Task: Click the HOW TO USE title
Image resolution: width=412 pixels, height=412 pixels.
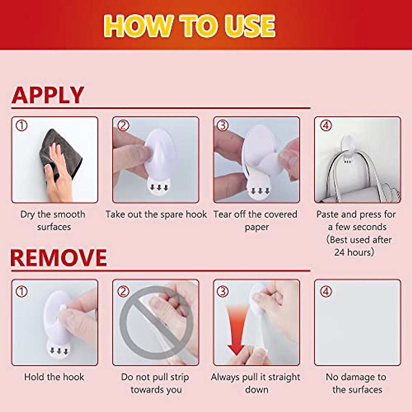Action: [190, 26]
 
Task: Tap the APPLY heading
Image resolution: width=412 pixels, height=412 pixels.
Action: [48, 95]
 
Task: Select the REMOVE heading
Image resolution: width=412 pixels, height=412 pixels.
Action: [58, 258]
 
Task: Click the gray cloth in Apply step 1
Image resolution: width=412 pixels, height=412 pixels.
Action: [60, 154]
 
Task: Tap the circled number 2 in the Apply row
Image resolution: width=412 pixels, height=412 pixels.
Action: [123, 126]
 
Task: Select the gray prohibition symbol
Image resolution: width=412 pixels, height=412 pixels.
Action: [157, 323]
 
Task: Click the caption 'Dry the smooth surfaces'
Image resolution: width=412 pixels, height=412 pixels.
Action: [53, 220]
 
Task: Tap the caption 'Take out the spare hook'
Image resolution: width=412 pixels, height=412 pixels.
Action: [156, 215]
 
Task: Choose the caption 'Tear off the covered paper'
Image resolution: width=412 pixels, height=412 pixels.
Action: [256, 220]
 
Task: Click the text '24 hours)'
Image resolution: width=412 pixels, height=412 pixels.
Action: [354, 252]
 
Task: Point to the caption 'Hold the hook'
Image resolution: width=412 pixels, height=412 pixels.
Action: [54, 377]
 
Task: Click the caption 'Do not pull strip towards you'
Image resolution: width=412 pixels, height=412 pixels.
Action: [156, 383]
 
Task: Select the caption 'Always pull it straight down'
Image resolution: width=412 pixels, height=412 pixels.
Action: [256, 383]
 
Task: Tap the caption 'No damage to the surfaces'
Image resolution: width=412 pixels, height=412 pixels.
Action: [356, 383]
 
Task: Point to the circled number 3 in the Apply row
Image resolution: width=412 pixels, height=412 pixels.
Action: [222, 126]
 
